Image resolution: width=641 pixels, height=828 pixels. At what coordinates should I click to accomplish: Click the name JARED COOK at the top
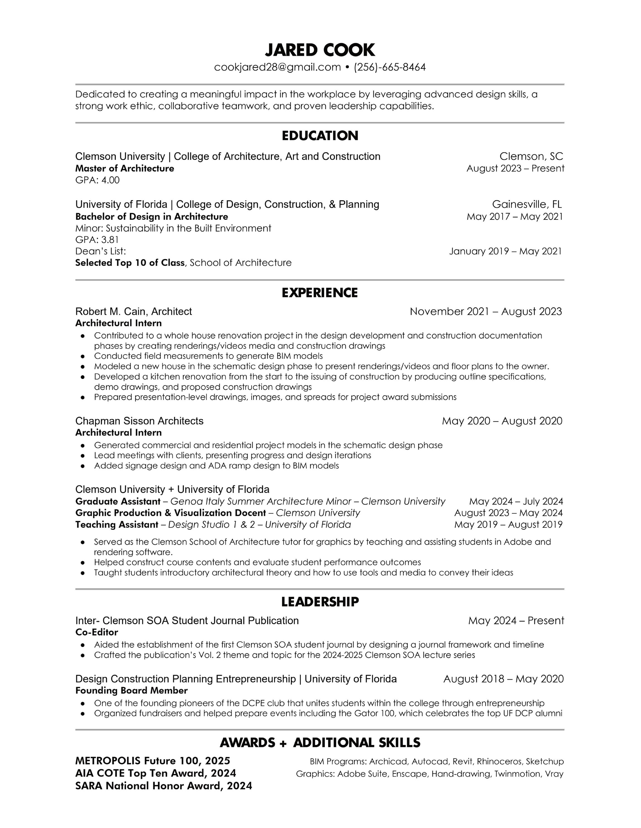click(x=320, y=50)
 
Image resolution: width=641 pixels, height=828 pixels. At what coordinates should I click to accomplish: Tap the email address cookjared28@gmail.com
click(x=278, y=67)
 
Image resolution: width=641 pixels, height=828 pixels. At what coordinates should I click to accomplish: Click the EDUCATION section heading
click(x=320, y=136)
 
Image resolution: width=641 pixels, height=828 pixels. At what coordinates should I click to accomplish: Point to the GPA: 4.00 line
click(x=98, y=180)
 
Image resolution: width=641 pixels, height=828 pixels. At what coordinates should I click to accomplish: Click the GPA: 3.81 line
click(x=97, y=240)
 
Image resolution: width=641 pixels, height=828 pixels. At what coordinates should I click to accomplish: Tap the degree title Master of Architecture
click(x=125, y=168)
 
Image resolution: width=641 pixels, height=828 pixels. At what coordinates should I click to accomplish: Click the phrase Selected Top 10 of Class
click(x=130, y=263)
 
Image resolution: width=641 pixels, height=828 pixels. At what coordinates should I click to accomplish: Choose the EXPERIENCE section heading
click(x=320, y=293)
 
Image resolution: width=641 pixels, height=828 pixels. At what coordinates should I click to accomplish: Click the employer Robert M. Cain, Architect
click(x=133, y=311)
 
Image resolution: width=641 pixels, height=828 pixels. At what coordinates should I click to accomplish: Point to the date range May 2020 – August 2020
click(x=502, y=421)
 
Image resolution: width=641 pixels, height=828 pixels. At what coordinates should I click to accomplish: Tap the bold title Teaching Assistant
click(x=116, y=525)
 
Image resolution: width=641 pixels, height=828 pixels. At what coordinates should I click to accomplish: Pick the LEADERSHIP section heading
click(x=320, y=602)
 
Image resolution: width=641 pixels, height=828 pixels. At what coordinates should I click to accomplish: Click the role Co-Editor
click(x=97, y=632)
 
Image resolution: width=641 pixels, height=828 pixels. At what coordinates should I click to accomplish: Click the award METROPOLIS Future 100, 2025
click(x=153, y=761)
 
